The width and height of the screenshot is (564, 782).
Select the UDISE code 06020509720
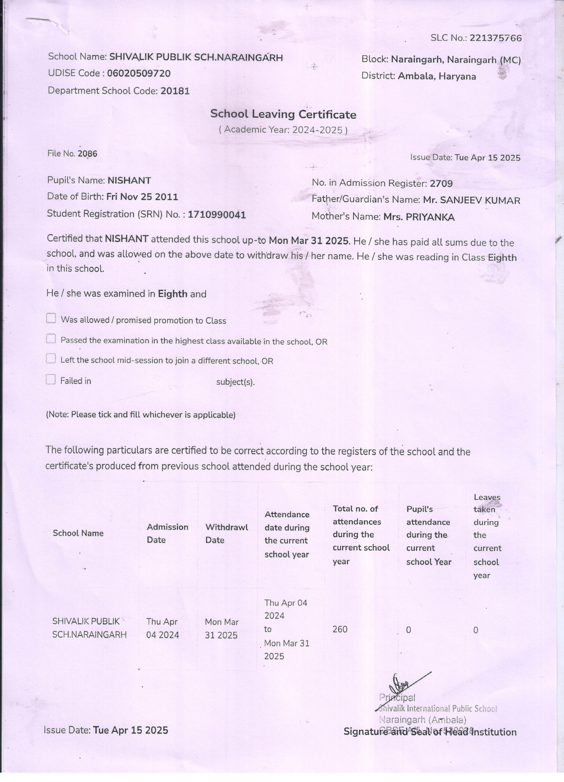[x=139, y=73]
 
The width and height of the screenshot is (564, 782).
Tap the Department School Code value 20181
[x=175, y=91]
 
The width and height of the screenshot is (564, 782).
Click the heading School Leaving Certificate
[x=283, y=114]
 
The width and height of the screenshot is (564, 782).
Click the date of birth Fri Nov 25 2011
[x=142, y=197]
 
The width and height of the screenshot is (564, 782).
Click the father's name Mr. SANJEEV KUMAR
[x=471, y=200]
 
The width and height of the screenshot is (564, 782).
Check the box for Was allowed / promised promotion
[x=51, y=318]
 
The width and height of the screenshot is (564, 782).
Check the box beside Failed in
[x=51, y=380]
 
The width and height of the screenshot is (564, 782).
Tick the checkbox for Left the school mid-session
[x=51, y=359]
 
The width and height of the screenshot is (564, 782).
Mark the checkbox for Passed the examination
[x=51, y=339]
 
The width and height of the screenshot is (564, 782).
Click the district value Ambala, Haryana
[x=437, y=76]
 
